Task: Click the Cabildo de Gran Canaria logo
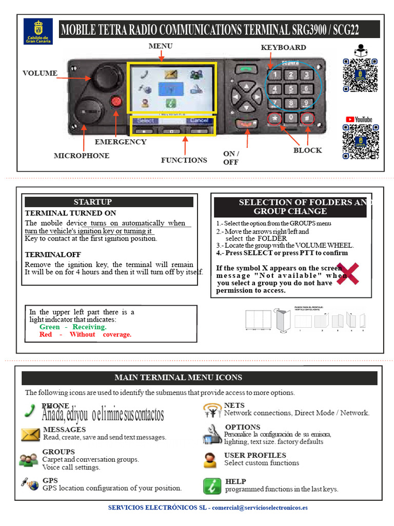pyautogui.click(x=38, y=32)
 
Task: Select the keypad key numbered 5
pyautogui.click(x=291, y=88)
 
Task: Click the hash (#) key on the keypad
pyautogui.click(x=307, y=118)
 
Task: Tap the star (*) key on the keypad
pyautogui.click(x=275, y=118)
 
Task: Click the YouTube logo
pyautogui.click(x=359, y=119)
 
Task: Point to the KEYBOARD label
pyautogui.click(x=283, y=48)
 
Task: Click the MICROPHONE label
pyautogui.click(x=82, y=156)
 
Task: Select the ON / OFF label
pyautogui.click(x=231, y=158)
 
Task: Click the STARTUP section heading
pyautogui.click(x=92, y=202)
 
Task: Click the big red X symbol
pyautogui.click(x=347, y=273)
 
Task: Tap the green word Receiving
pyautogui.click(x=89, y=327)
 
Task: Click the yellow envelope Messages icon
pyautogui.click(x=31, y=435)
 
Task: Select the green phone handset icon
pyautogui.click(x=30, y=410)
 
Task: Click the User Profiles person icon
pyautogui.click(x=210, y=460)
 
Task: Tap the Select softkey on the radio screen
pyautogui.click(x=145, y=121)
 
